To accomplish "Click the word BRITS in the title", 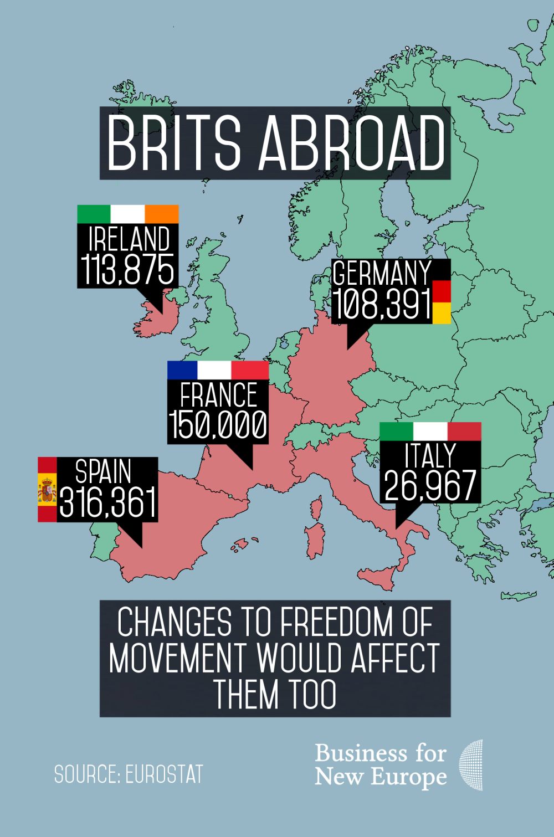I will [x=174, y=143].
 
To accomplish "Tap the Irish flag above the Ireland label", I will [x=128, y=214].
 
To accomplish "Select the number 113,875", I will [x=128, y=270].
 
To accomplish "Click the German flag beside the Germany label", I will [x=441, y=301].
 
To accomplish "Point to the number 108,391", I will [x=382, y=304].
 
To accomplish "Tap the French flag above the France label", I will [x=218, y=370].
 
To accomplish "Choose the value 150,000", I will [x=218, y=425].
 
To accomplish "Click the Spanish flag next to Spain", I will [x=47, y=490].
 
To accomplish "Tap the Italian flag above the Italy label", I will [x=430, y=431].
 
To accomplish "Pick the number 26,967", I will [x=430, y=485].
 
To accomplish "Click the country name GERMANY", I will [x=382, y=273].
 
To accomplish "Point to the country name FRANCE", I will [x=219, y=396].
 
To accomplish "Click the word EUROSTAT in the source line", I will [x=164, y=774].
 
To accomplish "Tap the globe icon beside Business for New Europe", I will [x=471, y=765].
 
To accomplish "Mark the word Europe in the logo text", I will [x=408, y=777].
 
